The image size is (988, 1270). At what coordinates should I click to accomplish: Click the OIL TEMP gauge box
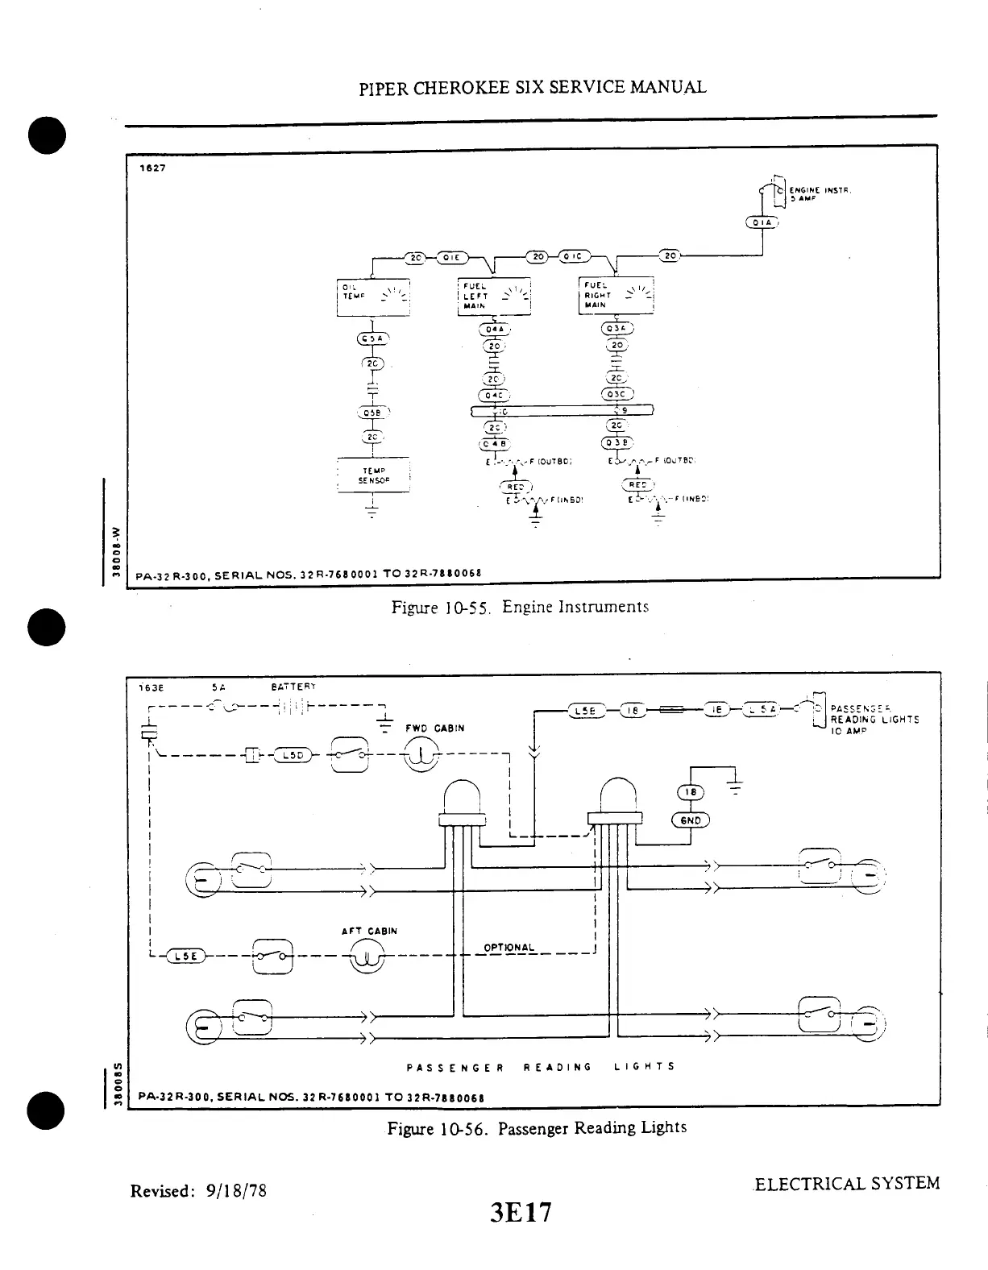(373, 297)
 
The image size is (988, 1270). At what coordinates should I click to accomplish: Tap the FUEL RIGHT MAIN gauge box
(617, 296)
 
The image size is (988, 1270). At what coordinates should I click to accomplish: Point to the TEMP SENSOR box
(373, 476)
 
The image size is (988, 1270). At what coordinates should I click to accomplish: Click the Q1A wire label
(762, 223)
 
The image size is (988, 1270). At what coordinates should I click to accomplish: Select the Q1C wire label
(575, 257)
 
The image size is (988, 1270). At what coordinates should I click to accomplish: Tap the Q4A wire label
(494, 329)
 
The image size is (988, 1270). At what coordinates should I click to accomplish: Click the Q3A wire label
(618, 328)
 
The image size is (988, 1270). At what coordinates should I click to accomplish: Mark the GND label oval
(691, 820)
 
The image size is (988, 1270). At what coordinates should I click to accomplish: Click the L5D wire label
(292, 754)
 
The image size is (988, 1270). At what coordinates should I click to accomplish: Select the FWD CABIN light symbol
(420, 755)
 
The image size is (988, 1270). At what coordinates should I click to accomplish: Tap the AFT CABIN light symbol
(365, 957)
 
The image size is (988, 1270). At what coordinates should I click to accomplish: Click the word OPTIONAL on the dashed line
(509, 947)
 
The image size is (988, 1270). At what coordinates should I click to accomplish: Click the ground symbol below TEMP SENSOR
(372, 509)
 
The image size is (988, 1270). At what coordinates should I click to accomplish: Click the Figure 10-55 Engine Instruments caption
(520, 607)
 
